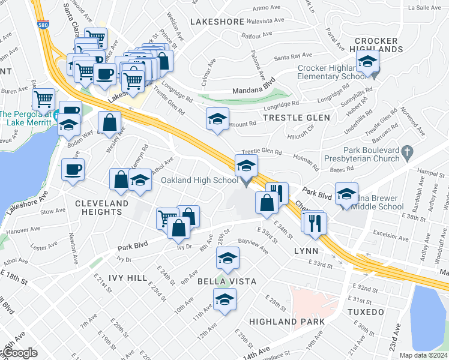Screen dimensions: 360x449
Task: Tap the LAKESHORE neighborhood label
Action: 217,22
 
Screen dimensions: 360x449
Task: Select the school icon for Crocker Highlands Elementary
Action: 367,61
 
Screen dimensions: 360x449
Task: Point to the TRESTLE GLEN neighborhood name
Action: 297,118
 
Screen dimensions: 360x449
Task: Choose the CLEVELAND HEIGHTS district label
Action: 102,208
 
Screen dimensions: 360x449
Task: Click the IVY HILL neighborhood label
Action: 128,278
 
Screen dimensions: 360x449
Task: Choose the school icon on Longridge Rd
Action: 217,118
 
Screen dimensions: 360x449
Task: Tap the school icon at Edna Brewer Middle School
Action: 346,193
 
